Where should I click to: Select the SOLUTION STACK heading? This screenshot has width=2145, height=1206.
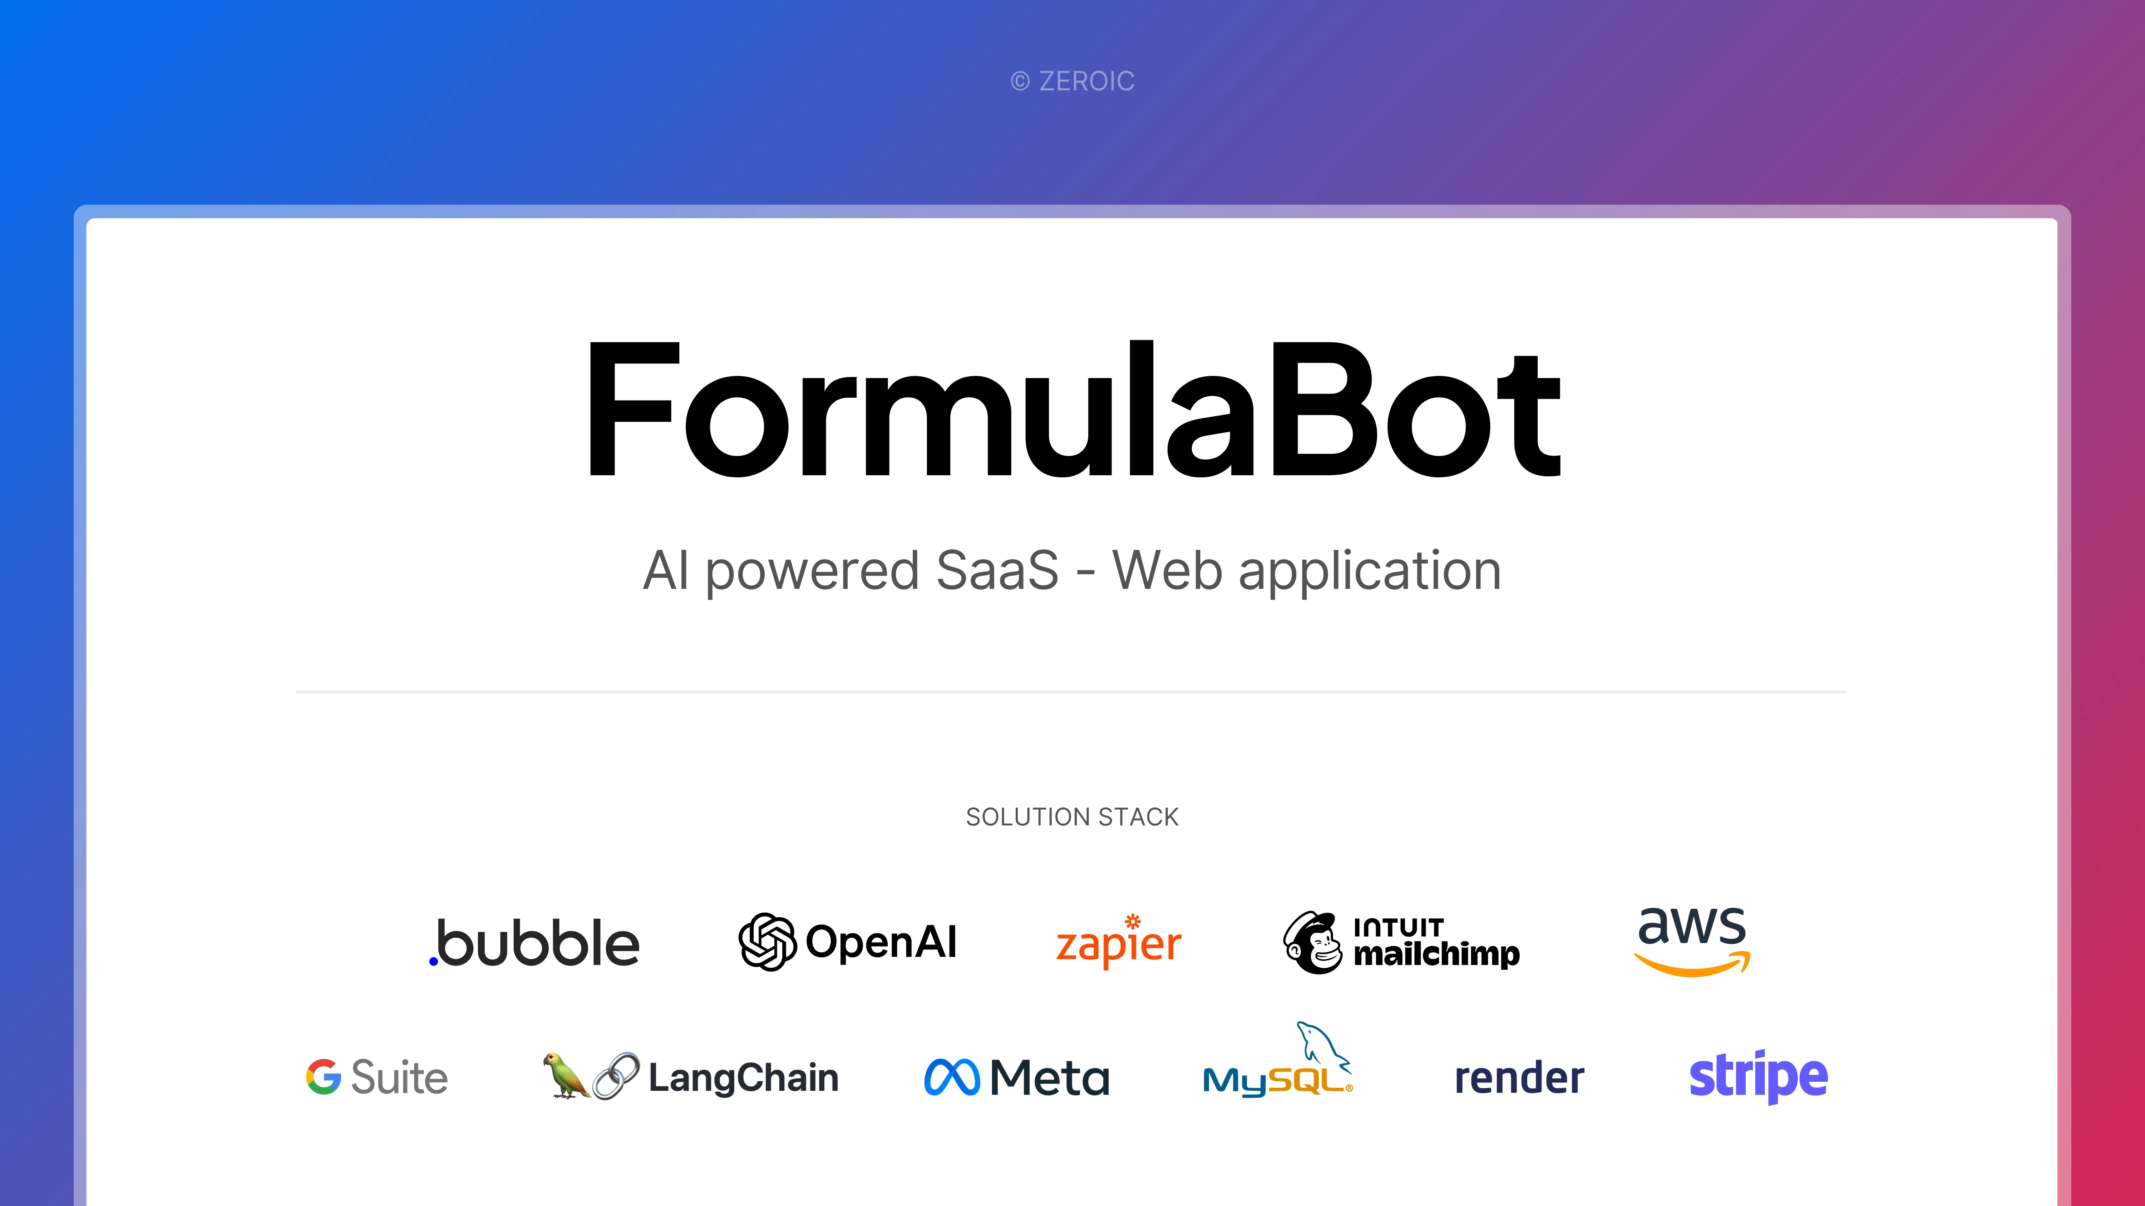(1072, 817)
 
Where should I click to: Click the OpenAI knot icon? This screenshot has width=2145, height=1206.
(768, 941)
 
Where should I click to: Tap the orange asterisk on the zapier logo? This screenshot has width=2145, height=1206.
(1133, 921)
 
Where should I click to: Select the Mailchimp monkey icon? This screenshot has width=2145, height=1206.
(1312, 942)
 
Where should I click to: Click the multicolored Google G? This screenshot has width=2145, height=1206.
(323, 1077)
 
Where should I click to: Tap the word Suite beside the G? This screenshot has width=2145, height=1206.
(400, 1077)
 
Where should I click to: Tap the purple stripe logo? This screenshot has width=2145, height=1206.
(1759, 1077)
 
